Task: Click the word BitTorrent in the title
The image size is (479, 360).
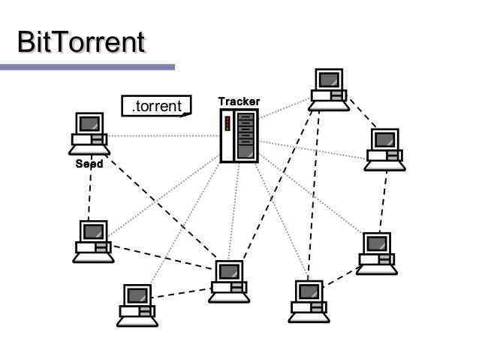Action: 81,43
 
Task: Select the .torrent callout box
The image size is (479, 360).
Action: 156,106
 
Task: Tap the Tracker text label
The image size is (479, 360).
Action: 239,101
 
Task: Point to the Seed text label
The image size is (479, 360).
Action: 89,163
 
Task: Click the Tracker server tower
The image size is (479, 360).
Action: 239,136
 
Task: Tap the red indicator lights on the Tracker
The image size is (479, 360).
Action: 227,123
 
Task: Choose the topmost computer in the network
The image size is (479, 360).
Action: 329,89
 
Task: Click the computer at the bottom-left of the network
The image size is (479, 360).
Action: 137,304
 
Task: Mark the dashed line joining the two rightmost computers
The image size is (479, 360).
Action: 384,201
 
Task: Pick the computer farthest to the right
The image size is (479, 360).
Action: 385,149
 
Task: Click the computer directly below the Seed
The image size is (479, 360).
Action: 94,241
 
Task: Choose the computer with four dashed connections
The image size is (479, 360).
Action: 229,281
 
